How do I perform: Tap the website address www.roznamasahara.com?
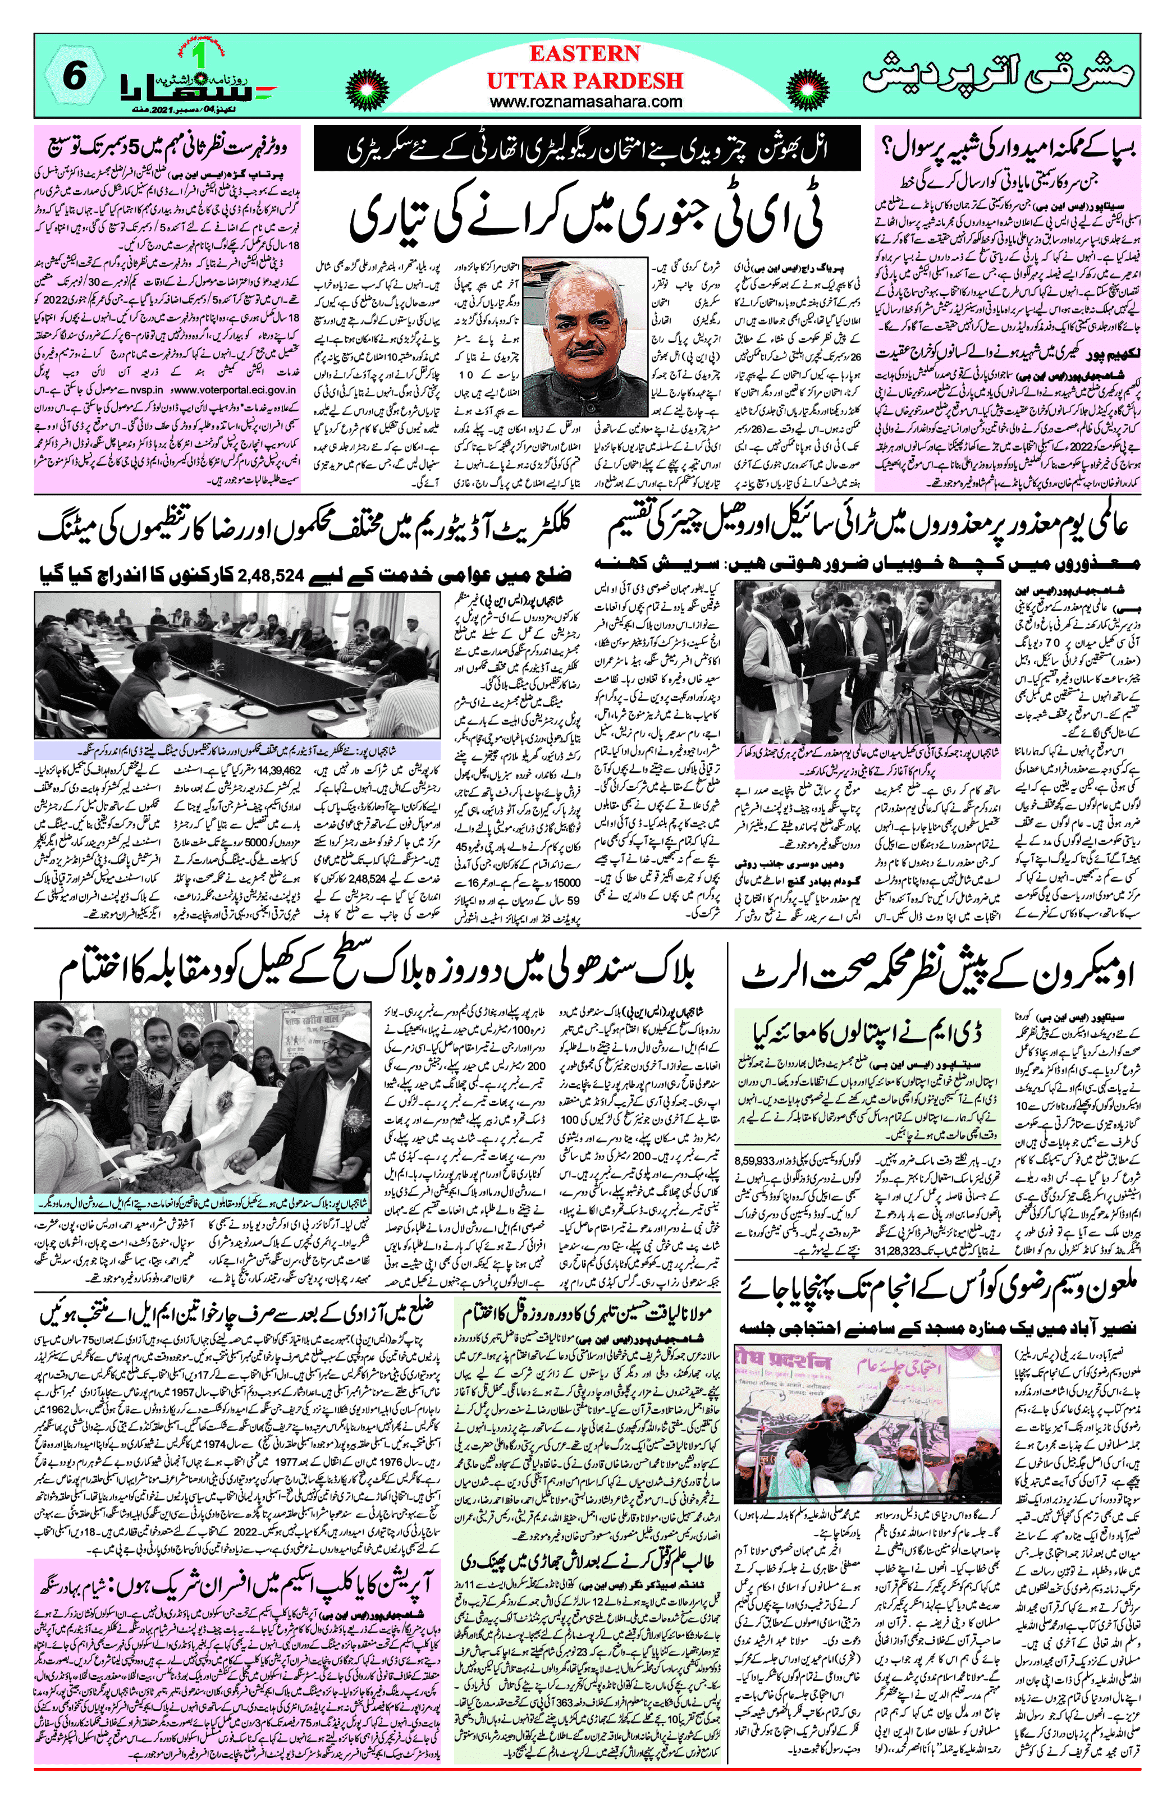tap(585, 102)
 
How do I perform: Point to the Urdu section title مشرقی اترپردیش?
tap(999, 78)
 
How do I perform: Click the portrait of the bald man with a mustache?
tap(584, 326)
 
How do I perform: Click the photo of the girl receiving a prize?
tap(200, 1112)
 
